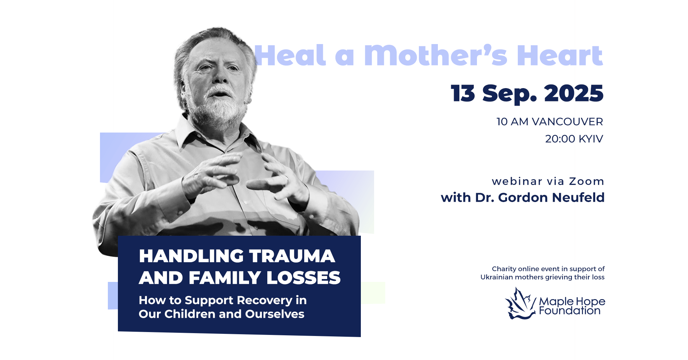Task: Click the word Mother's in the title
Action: (435, 55)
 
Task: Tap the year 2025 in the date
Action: (574, 93)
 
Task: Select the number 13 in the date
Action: (463, 93)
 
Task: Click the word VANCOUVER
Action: (567, 122)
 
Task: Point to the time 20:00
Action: (560, 139)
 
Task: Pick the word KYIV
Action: (591, 139)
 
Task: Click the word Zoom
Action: (587, 181)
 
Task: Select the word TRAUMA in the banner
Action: (292, 256)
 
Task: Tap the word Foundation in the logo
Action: (570, 311)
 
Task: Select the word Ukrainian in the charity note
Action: (497, 277)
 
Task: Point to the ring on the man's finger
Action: (286, 178)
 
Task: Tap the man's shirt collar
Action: (215, 133)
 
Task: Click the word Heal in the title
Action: (290, 55)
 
